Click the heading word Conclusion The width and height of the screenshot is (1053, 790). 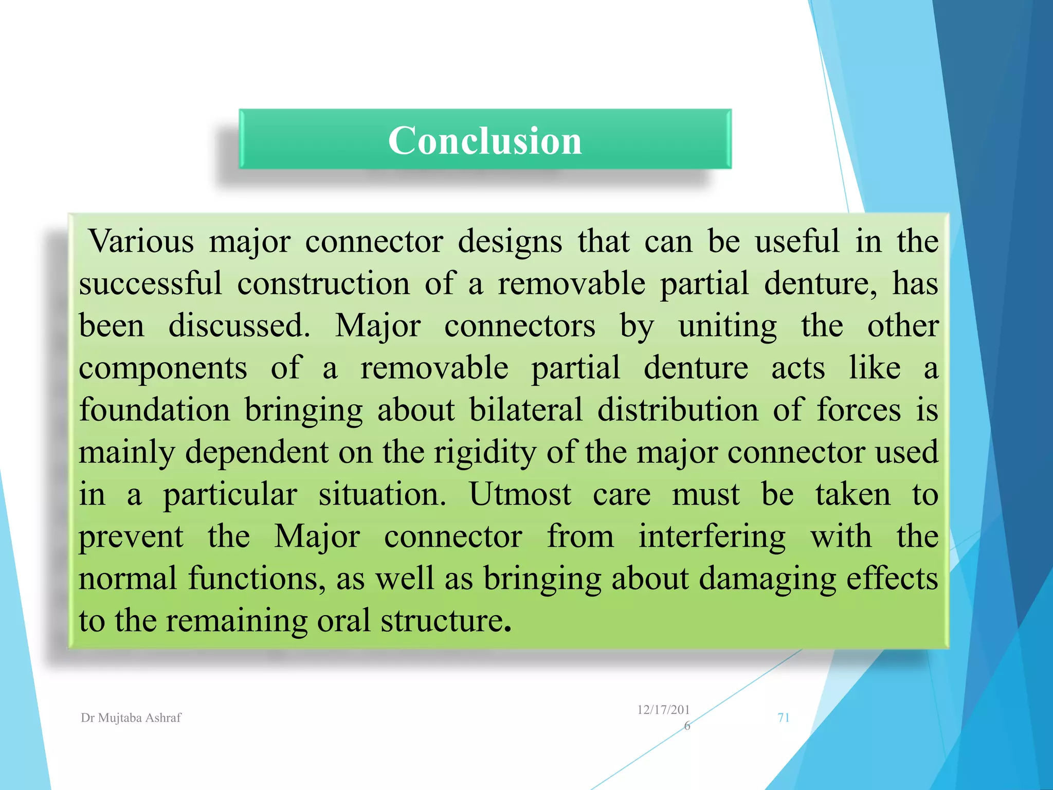coord(485,140)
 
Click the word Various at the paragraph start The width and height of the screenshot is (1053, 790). coord(141,241)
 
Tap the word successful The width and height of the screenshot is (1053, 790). coord(150,283)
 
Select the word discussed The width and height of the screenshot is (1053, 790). coord(239,326)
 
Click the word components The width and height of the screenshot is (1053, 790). coord(162,369)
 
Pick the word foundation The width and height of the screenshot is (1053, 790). coord(154,410)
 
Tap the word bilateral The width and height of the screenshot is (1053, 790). coord(525,410)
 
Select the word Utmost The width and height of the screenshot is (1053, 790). coord(519,494)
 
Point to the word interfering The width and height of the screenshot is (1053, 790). coord(712,537)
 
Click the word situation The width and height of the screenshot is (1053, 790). coord(382,494)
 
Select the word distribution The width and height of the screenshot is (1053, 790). coord(677,410)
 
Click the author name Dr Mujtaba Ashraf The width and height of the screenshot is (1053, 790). coord(131,718)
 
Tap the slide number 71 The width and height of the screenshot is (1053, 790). coord(783,718)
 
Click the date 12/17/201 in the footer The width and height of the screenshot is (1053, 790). coord(663,710)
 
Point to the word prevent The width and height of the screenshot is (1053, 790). coord(131,537)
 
